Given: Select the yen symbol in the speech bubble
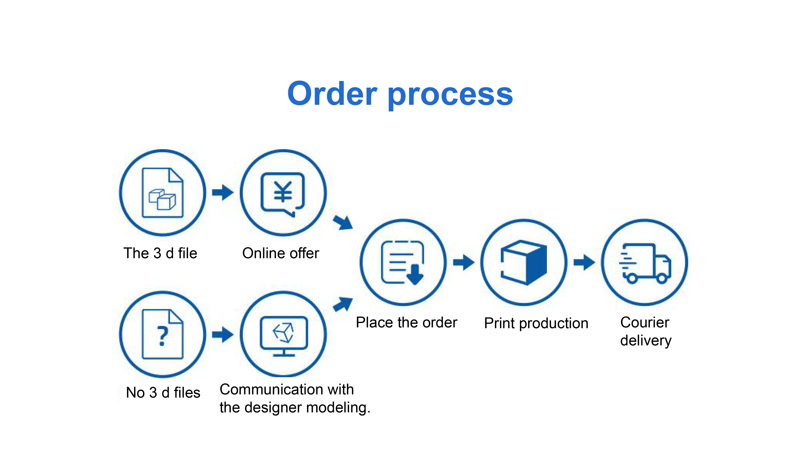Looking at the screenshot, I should pos(283,191).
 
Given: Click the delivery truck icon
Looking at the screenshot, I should pos(645,263).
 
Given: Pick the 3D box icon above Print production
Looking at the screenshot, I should pos(524,262).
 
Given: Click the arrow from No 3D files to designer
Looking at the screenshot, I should pos(223,334).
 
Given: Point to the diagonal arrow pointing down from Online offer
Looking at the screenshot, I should pos(343,222).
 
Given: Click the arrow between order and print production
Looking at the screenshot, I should pos(464,262).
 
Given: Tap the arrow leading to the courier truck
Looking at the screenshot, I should pos(584,262).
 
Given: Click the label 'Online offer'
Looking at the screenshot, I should pos(280,253).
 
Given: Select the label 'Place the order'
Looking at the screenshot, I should pos(406,322).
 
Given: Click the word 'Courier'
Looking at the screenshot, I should pos(645,322).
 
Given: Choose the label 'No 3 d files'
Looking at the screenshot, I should pos(163,393).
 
